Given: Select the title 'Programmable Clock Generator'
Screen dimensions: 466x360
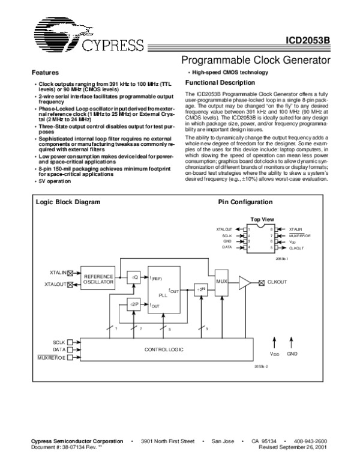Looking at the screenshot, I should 256,61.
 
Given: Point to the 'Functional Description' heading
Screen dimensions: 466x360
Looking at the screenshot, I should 220,82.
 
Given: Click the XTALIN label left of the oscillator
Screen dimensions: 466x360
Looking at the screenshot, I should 58,273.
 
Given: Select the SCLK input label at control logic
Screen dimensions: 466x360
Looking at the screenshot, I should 58,342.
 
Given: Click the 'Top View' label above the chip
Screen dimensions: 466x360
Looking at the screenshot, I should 262,220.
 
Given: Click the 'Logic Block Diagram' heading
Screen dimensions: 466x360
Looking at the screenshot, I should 65,202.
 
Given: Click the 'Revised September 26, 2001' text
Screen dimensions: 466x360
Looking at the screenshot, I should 293,447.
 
